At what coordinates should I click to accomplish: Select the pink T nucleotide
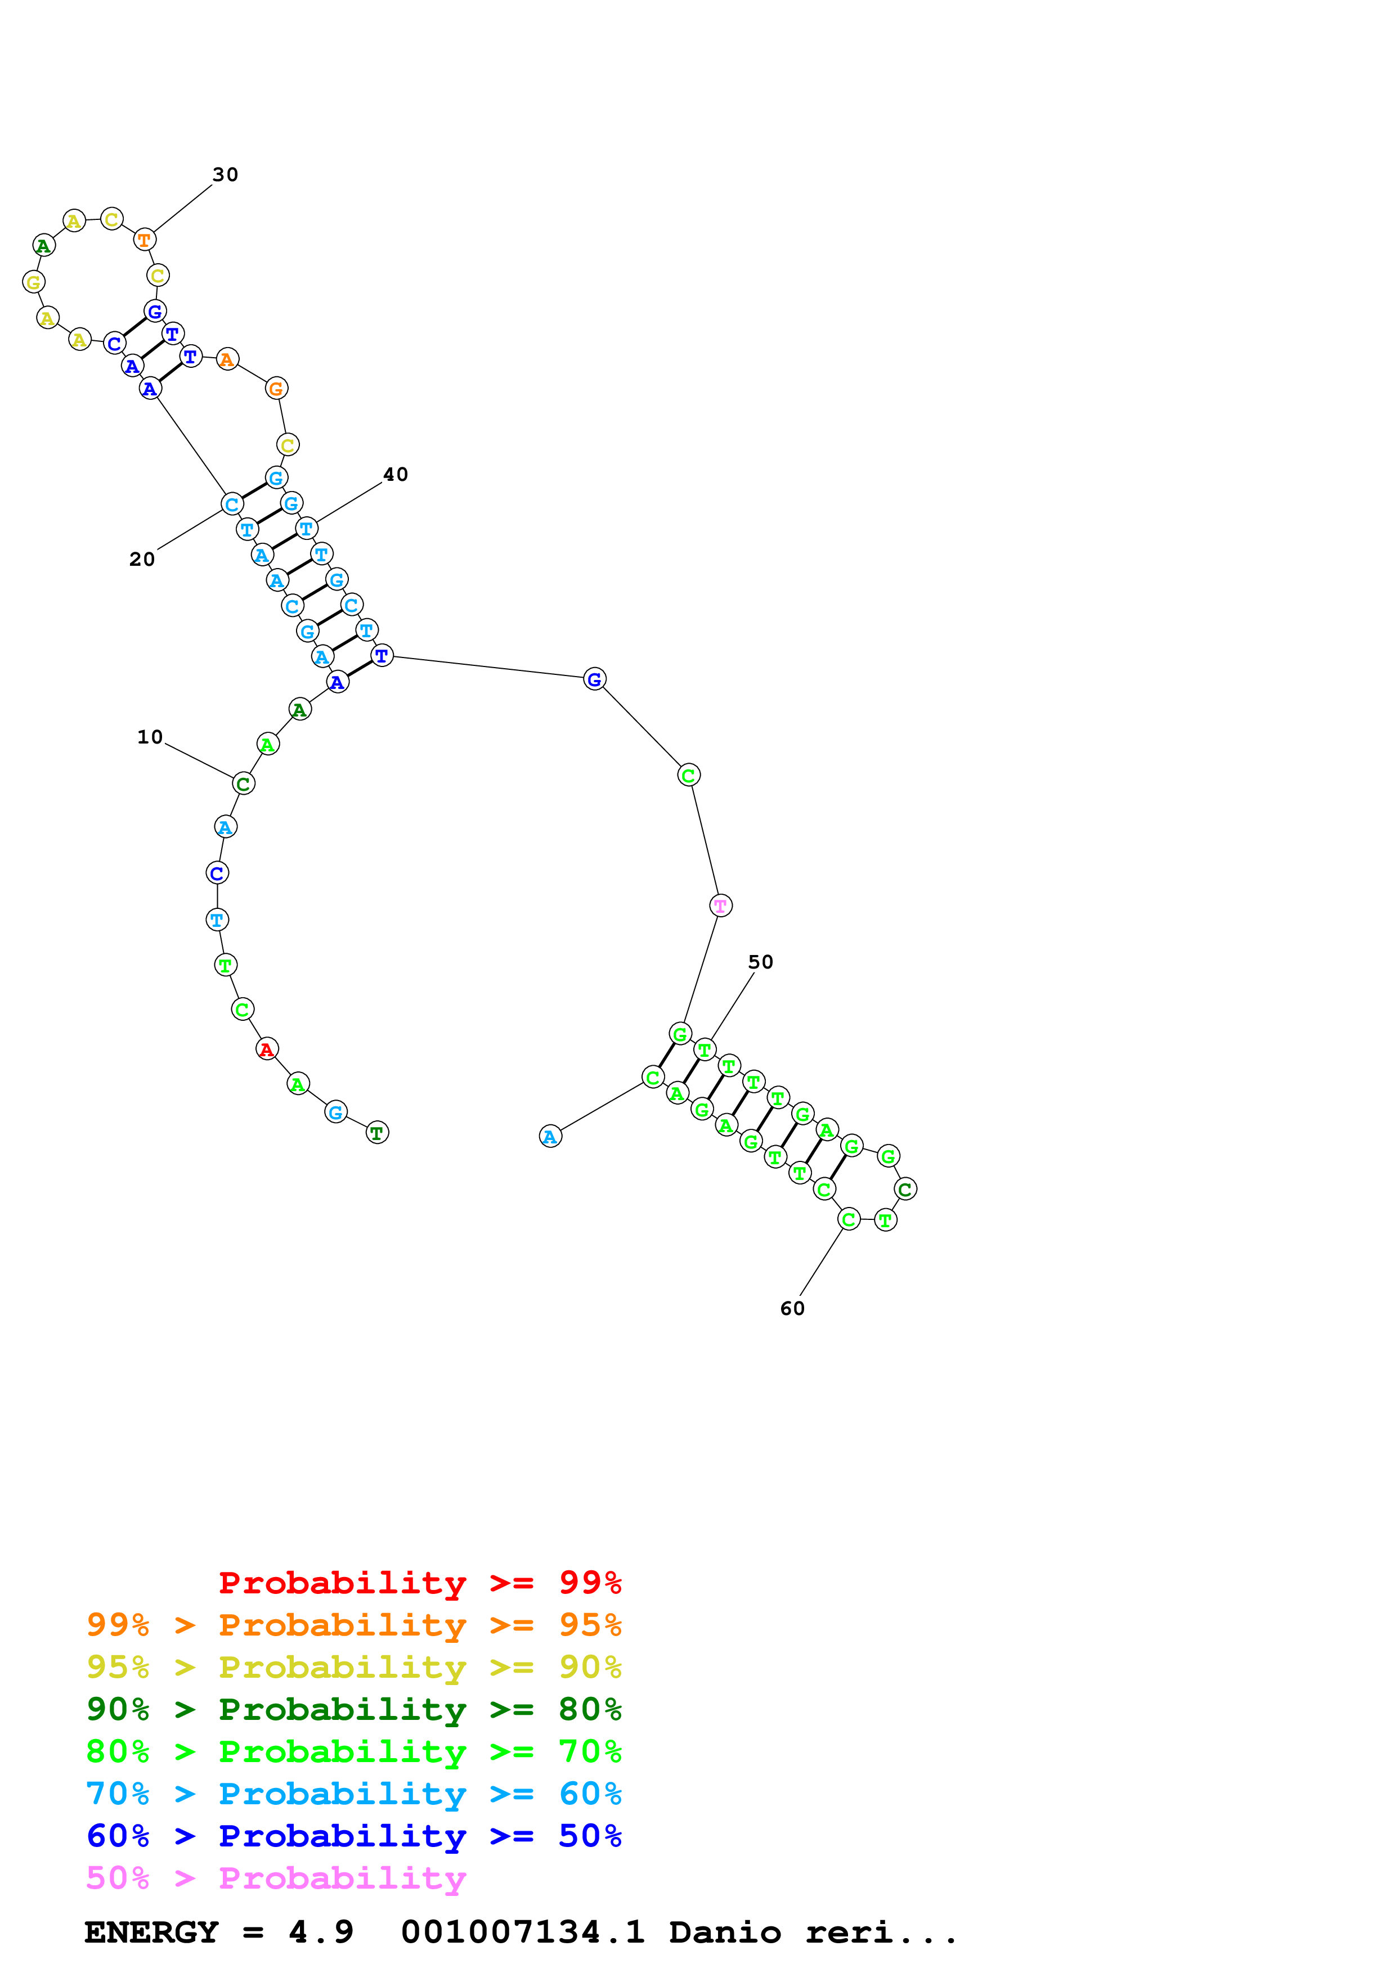coord(720,905)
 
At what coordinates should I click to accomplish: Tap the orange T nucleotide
coord(145,240)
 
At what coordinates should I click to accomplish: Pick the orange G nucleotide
coord(276,389)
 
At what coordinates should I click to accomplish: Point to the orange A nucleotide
coord(227,359)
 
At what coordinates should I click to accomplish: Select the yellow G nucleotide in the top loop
coord(34,282)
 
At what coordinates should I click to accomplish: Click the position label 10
coord(150,736)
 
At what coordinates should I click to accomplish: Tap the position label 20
coord(142,560)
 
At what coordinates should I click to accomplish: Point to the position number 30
coord(225,174)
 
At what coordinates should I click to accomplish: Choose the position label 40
coord(396,474)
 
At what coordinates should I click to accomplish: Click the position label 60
coord(792,1308)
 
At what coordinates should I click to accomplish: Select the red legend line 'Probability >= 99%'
coord(419,1582)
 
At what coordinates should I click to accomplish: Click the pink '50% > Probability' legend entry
coord(276,1877)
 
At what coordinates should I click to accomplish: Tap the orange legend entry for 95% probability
coord(353,1624)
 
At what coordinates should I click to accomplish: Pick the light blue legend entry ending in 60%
coord(353,1794)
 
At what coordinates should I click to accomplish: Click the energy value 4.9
coord(321,1932)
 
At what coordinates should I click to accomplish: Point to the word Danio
coord(725,1932)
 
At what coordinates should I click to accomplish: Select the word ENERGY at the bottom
coord(151,1932)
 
